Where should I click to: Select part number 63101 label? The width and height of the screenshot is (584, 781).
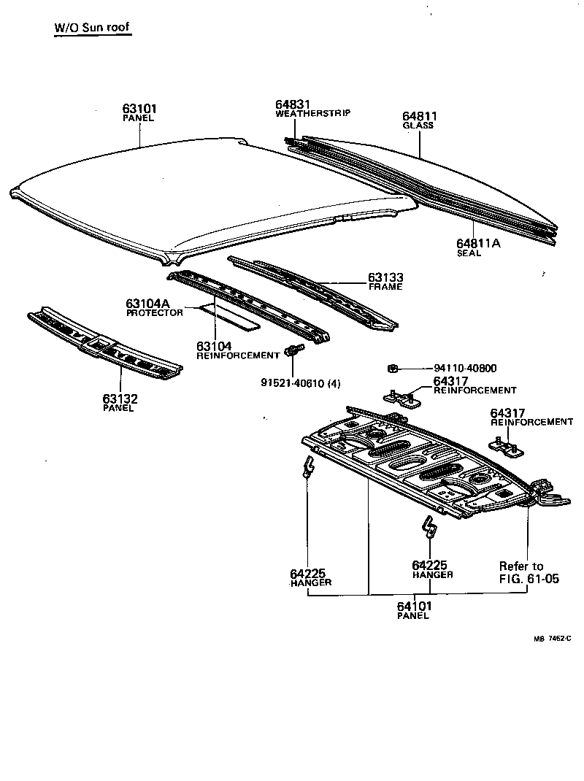(x=140, y=109)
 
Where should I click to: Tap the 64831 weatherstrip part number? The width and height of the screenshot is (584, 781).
(x=293, y=104)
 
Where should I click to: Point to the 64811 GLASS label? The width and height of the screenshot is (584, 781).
(x=420, y=116)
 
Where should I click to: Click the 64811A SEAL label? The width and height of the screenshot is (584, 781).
(x=478, y=244)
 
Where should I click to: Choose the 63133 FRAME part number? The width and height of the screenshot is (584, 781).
(x=386, y=278)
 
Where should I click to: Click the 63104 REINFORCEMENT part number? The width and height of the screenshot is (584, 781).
(x=214, y=346)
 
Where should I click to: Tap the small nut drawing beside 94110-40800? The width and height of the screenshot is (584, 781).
(x=393, y=369)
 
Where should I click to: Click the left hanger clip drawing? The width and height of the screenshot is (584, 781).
(x=309, y=466)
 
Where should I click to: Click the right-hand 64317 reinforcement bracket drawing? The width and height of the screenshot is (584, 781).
(x=504, y=447)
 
